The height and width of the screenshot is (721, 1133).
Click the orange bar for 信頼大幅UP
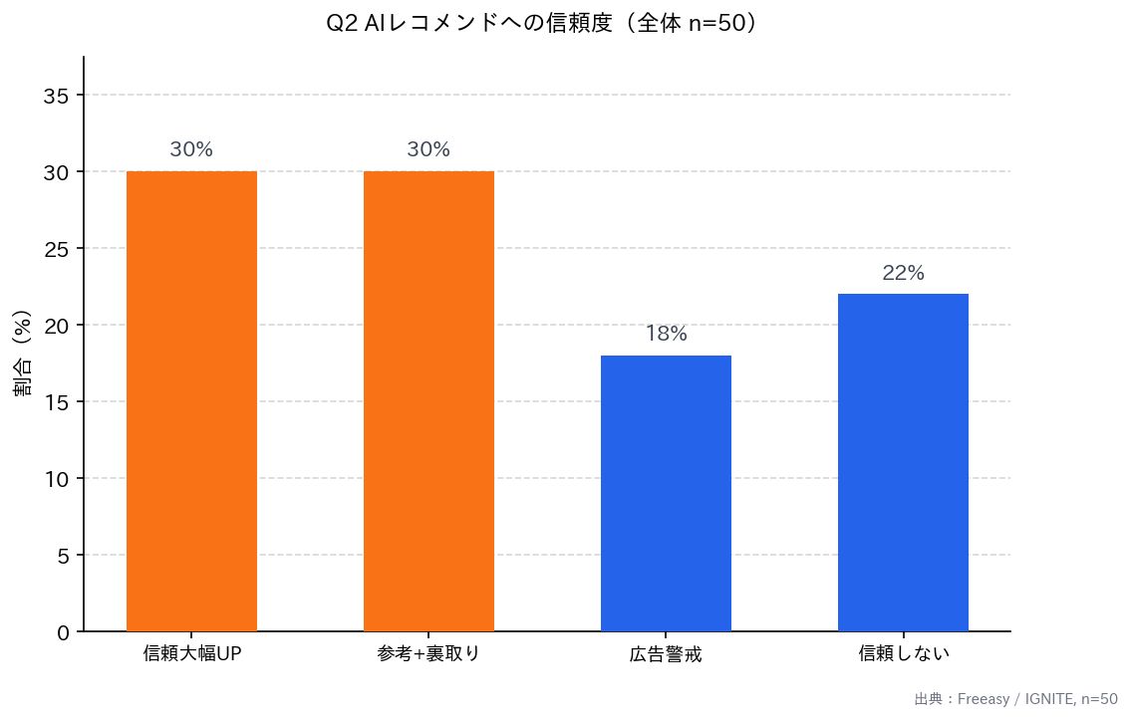(191, 401)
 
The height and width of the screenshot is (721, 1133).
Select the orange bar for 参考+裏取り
(428, 401)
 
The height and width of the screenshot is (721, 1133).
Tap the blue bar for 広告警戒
(666, 493)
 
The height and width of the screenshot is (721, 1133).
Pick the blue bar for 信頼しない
(903, 462)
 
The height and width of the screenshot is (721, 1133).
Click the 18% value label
(666, 335)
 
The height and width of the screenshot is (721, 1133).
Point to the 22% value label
(903, 273)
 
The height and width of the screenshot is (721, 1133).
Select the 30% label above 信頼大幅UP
(191, 150)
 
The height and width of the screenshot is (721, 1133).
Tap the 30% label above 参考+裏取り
(428, 150)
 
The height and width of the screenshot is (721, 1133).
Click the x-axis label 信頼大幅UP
(192, 654)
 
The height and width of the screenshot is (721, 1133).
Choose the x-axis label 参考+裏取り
(428, 654)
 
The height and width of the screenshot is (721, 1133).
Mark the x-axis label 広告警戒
(666, 655)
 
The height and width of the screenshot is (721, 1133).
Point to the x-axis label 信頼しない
(904, 654)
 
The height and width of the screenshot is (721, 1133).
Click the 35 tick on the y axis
(57, 96)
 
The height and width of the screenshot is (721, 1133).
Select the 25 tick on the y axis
(57, 249)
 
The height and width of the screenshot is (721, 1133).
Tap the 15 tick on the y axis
(57, 402)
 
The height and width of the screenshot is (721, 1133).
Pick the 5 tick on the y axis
(63, 556)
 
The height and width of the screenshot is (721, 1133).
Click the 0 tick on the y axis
(63, 632)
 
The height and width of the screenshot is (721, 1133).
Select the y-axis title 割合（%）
(23, 354)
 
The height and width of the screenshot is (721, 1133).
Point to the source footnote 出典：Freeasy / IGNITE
(1015, 699)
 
